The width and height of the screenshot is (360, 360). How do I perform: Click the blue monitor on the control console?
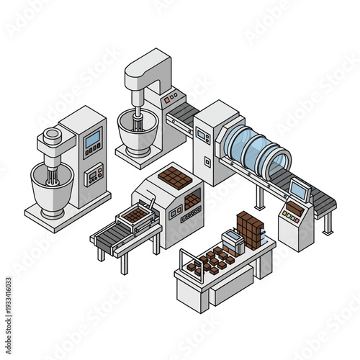pyautogui.click(x=298, y=190)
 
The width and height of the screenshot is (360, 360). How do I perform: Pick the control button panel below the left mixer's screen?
pyautogui.click(x=94, y=174)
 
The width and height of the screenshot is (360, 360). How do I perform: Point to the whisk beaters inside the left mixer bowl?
pyautogui.click(x=52, y=177)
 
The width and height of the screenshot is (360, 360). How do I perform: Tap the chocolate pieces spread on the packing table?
pyautogui.click(x=212, y=260)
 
